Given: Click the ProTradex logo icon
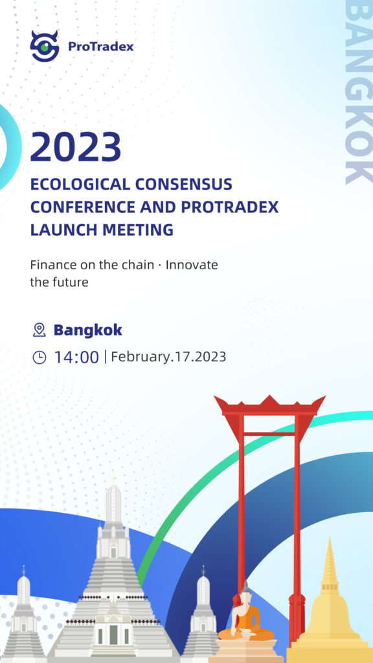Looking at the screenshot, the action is (x=45, y=46).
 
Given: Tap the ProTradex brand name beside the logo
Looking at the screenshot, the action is (x=100, y=46).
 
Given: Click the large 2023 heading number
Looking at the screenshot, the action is (x=76, y=147).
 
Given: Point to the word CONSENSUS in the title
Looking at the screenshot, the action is (x=183, y=185).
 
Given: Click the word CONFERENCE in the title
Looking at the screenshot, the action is (x=83, y=207).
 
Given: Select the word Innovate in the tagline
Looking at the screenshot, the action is (x=192, y=265).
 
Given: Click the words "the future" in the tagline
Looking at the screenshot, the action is (x=59, y=282).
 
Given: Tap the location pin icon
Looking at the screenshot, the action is (x=40, y=330).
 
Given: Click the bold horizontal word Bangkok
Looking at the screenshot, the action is (x=88, y=330).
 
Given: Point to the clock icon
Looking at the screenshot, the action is (x=40, y=357).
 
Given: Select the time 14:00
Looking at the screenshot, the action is (x=76, y=357).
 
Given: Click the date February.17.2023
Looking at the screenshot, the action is (x=169, y=357).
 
